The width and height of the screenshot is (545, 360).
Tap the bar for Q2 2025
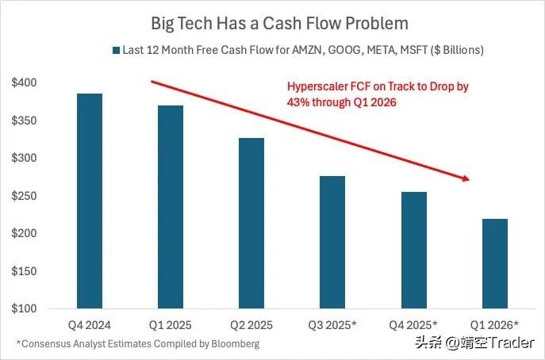coord(251,224)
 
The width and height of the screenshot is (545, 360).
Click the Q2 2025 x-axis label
coord(251,325)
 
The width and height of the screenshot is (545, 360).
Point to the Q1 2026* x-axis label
coord(494,325)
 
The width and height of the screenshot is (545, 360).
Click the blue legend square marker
coord(115,50)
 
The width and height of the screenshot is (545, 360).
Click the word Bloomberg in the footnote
coord(235,344)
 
